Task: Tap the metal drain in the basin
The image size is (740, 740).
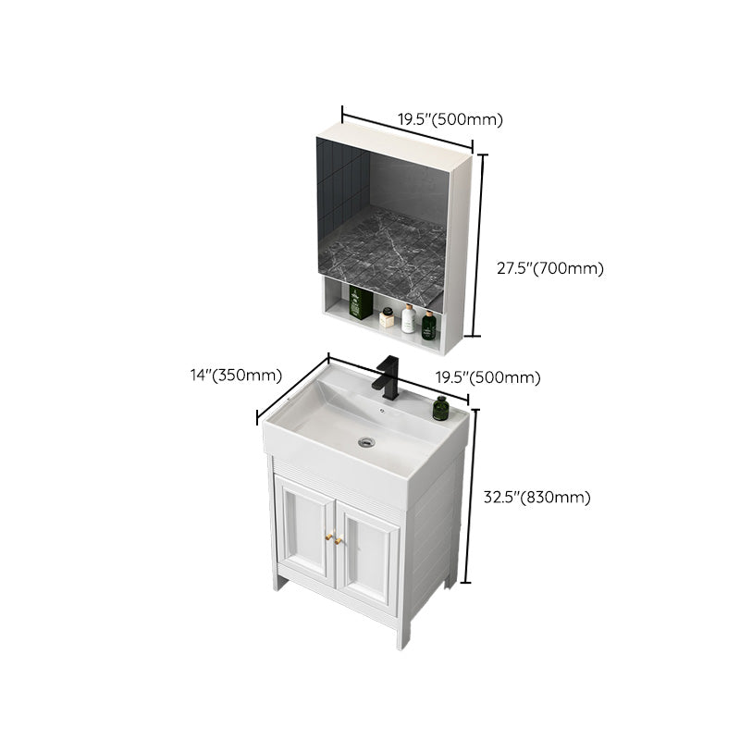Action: pos(367,442)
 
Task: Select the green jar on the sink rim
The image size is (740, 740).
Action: pos(440,408)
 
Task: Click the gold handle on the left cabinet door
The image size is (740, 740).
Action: pos(327,536)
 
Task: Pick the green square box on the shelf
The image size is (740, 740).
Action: pos(360,303)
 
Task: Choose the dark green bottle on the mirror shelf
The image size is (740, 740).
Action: pos(428,325)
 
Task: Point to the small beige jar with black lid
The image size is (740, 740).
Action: pos(387,317)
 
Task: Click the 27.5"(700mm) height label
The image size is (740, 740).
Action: pos(549,269)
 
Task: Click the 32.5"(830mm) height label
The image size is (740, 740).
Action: pos(536,497)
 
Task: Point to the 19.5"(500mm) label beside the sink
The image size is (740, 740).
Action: pos(488,376)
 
